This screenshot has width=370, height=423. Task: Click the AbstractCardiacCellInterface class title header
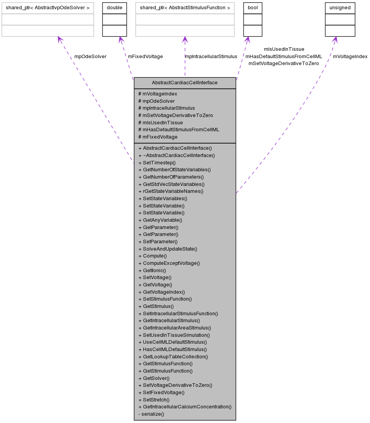[x=185, y=83]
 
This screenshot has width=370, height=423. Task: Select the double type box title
[x=114, y=8]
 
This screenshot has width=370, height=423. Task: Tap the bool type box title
[x=252, y=8]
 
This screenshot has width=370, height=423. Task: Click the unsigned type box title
[x=340, y=8]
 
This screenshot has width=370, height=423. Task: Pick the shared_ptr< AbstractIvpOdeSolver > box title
[x=48, y=8]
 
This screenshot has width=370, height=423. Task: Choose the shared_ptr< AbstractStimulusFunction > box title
[x=185, y=8]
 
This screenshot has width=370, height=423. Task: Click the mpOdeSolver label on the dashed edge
[x=90, y=56]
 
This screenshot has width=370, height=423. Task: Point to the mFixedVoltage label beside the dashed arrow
[x=145, y=56]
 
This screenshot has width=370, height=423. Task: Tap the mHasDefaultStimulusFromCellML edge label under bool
[x=284, y=56]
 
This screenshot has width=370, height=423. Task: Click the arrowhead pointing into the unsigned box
[x=335, y=39]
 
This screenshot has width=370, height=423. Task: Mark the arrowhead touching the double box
[x=121, y=39]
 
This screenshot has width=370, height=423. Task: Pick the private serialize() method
[x=151, y=414]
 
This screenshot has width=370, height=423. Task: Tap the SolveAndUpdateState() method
[x=168, y=249]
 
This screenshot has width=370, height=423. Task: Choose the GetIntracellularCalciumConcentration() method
[x=185, y=406]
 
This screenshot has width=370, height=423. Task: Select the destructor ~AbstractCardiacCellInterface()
[x=177, y=155]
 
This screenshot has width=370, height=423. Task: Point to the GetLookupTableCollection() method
[x=173, y=356]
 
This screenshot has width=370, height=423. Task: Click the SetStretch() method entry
[x=154, y=400]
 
